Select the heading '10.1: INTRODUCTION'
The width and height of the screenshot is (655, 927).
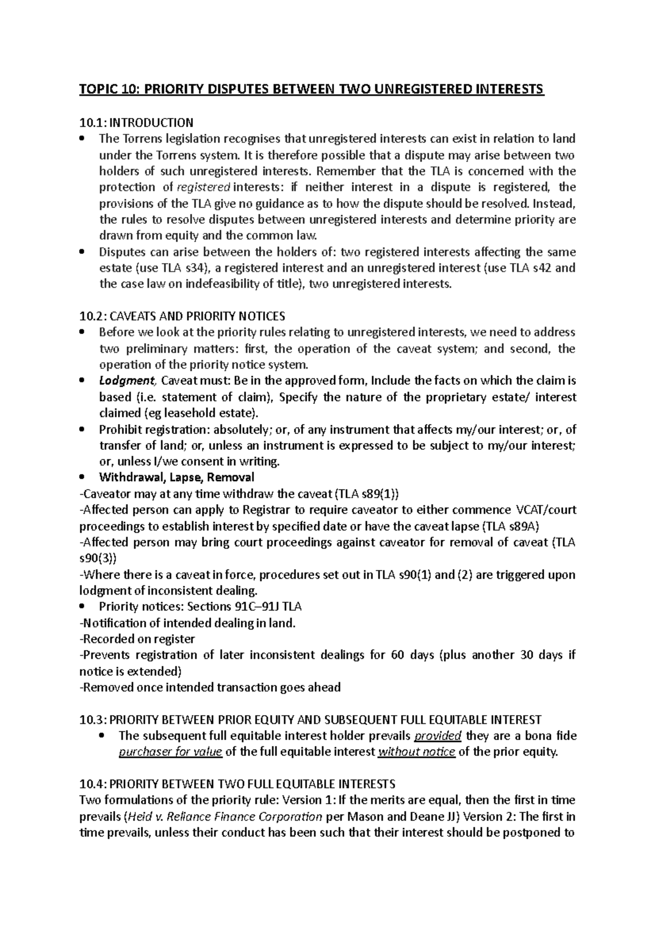point(136,122)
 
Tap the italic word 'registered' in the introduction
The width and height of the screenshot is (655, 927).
point(205,187)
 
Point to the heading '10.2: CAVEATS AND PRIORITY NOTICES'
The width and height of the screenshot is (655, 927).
point(182,316)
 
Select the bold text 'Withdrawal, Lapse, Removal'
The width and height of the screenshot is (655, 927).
point(176,477)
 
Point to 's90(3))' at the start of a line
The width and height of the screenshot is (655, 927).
point(98,558)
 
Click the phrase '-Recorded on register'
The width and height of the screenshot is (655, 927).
point(137,639)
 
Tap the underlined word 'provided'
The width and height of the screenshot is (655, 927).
point(438,736)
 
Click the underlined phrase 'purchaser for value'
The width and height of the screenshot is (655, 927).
point(170,752)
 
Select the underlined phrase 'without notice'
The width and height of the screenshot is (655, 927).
point(416,752)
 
